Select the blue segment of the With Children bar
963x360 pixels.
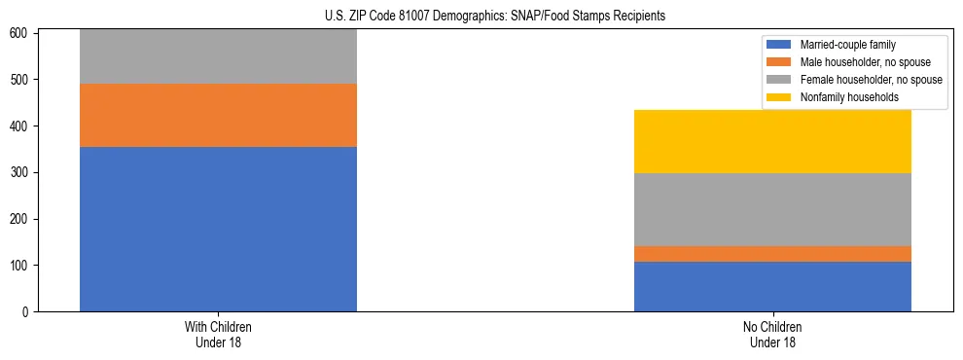[x=218, y=229]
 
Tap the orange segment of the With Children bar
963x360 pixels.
[x=218, y=115]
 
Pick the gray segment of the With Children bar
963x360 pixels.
[x=218, y=56]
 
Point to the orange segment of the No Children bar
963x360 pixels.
[x=772, y=253]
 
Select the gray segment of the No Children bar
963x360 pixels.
[x=772, y=209]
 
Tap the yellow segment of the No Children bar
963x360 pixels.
[x=772, y=141]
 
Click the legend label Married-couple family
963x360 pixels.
[x=848, y=45]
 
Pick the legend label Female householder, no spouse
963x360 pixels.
[x=871, y=80]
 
